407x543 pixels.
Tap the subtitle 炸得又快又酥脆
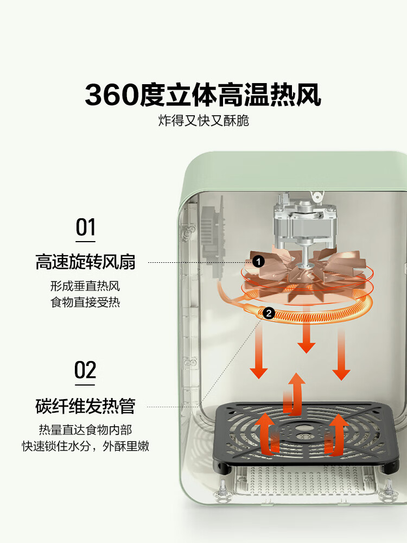[x=203, y=121]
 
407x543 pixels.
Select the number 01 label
[x=85, y=228]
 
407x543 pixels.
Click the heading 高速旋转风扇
[x=85, y=262]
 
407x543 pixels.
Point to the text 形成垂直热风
[x=85, y=286]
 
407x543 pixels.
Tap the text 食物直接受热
[x=85, y=302]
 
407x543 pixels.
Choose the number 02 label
[x=85, y=370]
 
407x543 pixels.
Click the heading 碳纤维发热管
[x=85, y=406]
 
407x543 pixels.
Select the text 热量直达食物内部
[x=85, y=430]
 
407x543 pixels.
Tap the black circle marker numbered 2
[x=268, y=313]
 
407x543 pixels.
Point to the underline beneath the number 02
[x=85, y=385]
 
